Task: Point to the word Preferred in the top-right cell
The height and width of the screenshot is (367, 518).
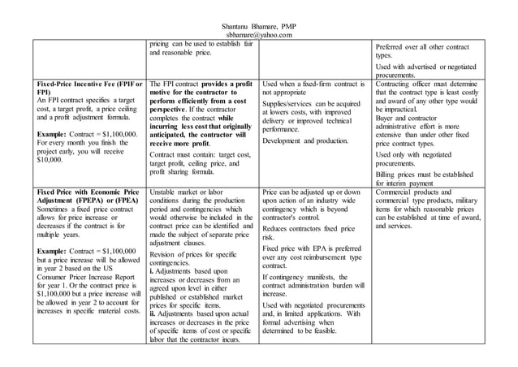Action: tap(398, 47)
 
